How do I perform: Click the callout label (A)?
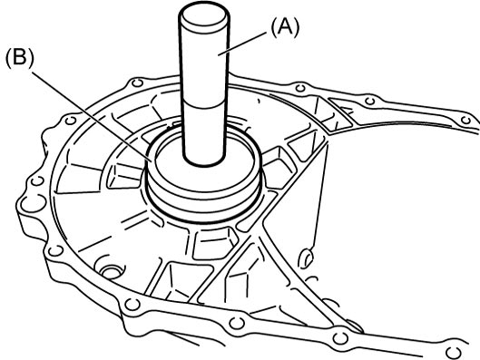click(x=285, y=27)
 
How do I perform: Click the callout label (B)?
click(x=20, y=58)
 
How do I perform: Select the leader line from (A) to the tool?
click(x=242, y=44)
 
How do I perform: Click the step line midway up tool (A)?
click(x=204, y=104)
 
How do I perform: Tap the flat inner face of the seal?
click(x=204, y=171)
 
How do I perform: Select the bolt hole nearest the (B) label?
click(x=71, y=121)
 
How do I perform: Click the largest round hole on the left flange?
click(x=34, y=202)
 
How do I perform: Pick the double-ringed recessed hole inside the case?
click(x=111, y=271)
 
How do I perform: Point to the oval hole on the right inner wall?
click(x=307, y=258)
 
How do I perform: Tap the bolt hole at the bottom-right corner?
click(x=454, y=353)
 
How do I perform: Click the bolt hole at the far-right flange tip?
click(x=465, y=121)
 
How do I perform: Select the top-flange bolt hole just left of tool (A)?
click(x=136, y=83)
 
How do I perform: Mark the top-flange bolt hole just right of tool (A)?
click(x=300, y=89)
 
